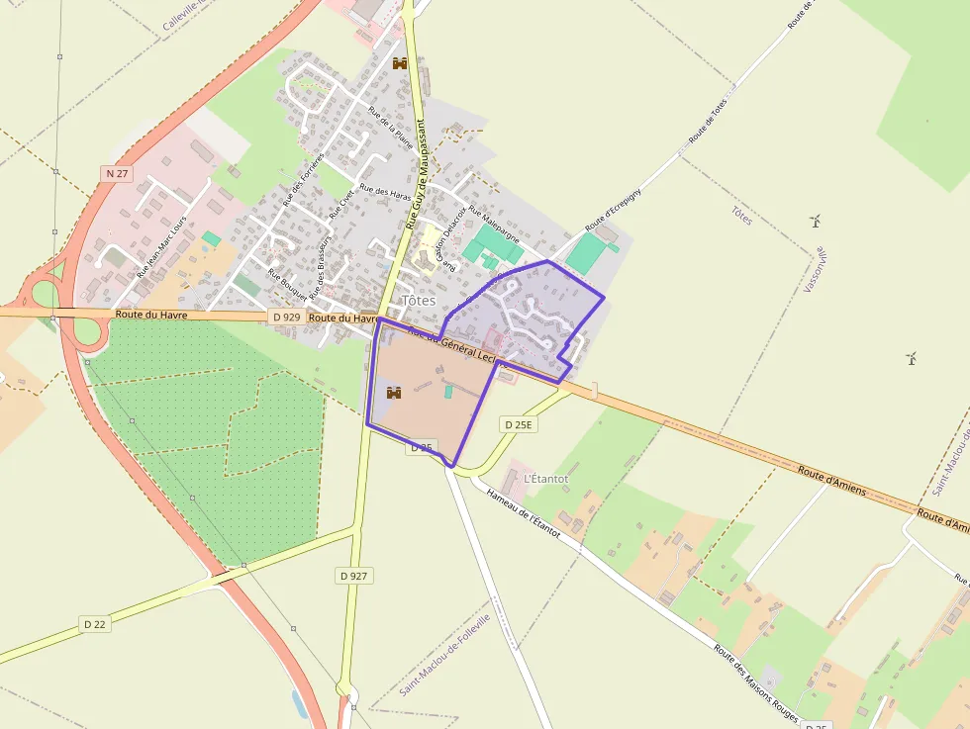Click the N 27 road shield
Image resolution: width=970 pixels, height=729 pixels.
[117, 173]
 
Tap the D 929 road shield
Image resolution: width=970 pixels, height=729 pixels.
[285, 317]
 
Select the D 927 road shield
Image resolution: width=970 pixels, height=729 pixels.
[353, 576]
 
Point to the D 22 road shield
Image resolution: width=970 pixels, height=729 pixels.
[95, 624]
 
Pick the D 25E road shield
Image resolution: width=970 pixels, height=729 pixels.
[518, 424]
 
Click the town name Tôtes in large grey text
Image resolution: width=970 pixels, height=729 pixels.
[419, 300]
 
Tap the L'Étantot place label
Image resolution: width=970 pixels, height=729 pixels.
[546, 479]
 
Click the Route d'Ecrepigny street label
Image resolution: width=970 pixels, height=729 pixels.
[614, 209]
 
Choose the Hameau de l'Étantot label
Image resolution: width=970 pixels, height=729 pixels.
[525, 513]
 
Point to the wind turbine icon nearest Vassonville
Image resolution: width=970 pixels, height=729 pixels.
[816, 222]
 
